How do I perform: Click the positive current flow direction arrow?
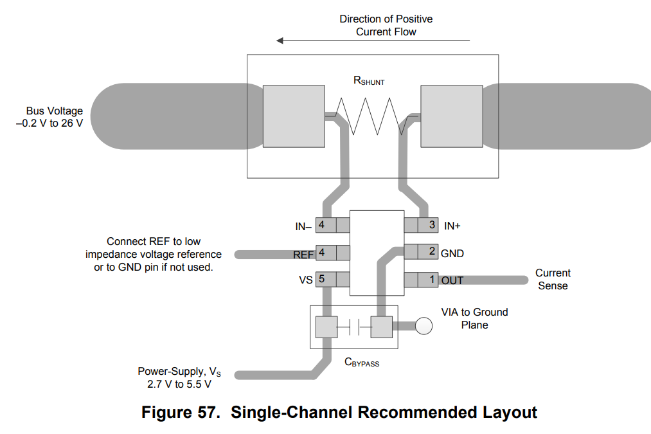(373, 41)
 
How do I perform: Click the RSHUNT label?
(369, 81)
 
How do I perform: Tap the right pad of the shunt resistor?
(450, 116)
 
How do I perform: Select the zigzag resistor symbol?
(371, 116)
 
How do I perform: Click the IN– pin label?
(303, 226)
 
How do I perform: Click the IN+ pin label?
(452, 226)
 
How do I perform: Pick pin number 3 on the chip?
(433, 225)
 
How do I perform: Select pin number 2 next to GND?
(433, 251)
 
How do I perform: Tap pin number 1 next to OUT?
(433, 280)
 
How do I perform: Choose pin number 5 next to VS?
(321, 280)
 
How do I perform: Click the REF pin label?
(303, 255)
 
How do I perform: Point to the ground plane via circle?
(424, 326)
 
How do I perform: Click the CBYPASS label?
(362, 363)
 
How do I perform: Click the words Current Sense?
(552, 279)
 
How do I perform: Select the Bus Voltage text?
(54, 111)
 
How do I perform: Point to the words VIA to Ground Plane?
(474, 318)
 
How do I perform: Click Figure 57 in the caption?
(179, 412)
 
